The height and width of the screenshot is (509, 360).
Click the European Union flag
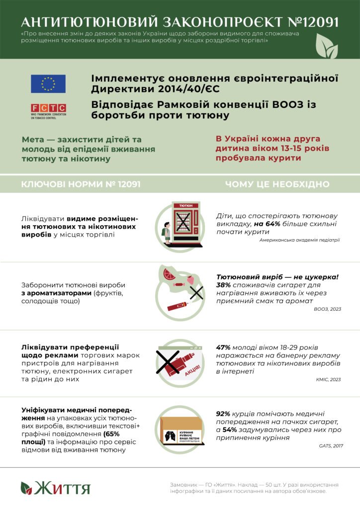[x=48, y=84]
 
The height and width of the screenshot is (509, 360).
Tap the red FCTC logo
[x=48, y=108]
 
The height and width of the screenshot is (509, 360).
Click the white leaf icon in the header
[x=327, y=47]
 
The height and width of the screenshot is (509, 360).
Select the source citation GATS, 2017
[x=331, y=446]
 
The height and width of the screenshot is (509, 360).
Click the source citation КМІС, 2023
[x=329, y=380]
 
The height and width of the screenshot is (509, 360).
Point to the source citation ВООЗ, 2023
[x=328, y=309]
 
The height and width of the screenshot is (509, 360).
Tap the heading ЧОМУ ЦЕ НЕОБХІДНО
[x=277, y=184]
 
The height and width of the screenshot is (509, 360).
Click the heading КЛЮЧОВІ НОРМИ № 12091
[x=81, y=184]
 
